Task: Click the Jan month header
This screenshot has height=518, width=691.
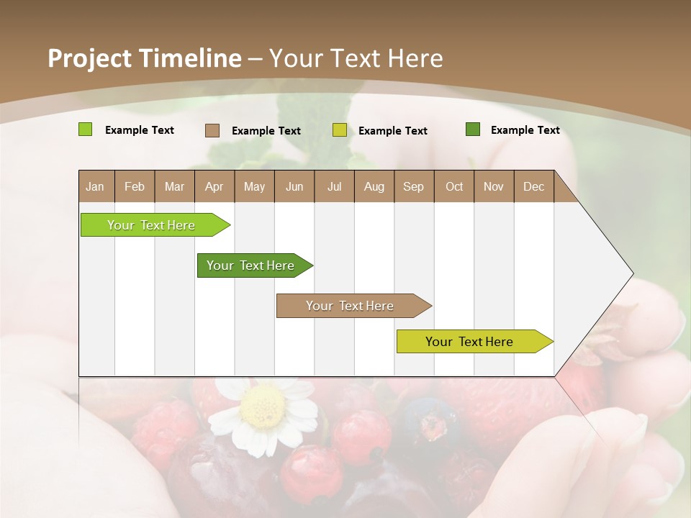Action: [96, 186]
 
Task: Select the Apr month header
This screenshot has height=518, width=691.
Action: [214, 186]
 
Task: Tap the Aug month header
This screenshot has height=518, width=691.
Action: [374, 186]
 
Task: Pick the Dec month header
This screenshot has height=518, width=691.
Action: [533, 186]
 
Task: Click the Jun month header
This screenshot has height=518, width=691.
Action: [294, 186]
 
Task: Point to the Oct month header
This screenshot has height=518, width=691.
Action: [453, 186]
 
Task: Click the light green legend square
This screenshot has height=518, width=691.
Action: [85, 129]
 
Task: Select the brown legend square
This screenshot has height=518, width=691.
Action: [212, 130]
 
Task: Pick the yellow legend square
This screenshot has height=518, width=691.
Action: [340, 130]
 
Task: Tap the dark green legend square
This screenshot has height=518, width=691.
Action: [472, 129]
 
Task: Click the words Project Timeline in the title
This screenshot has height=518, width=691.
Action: [144, 58]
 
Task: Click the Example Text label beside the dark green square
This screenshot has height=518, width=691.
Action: [525, 130]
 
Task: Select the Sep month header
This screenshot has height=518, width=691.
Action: [413, 186]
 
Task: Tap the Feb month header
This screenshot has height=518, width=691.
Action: [135, 186]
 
